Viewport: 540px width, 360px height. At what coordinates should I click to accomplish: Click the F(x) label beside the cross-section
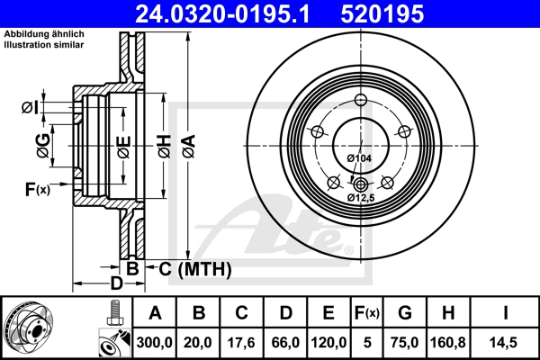pos(36,189)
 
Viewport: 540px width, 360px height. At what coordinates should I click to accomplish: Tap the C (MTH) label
pos(194,268)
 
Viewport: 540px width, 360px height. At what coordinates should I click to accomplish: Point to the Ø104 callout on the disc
pos(359,158)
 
